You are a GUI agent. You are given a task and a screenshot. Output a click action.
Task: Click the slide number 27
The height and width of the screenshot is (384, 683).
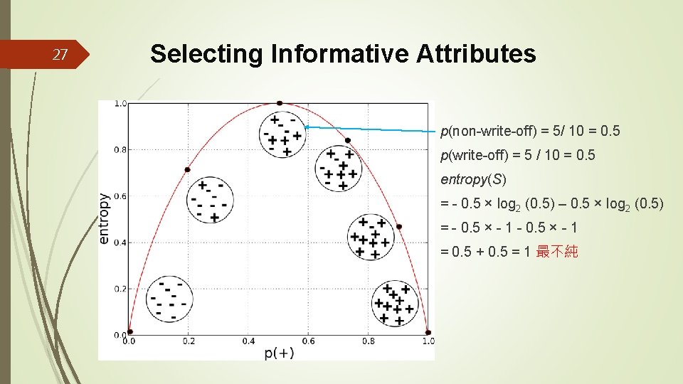(x=60, y=54)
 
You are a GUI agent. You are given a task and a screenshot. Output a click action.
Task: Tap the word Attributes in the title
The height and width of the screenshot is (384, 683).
(x=476, y=53)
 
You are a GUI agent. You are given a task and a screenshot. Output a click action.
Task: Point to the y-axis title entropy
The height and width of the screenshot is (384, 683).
(x=105, y=219)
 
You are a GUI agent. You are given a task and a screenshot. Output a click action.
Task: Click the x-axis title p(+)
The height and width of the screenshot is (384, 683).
(x=279, y=353)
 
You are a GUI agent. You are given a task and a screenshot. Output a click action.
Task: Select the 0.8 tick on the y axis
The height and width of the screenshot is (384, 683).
(x=120, y=150)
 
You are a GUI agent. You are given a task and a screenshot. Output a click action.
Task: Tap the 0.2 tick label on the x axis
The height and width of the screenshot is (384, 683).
(x=189, y=341)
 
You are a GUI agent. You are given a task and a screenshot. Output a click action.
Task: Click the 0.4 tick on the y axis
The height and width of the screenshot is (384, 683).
(x=120, y=242)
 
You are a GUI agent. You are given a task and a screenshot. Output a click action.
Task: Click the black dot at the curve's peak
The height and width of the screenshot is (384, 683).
(x=280, y=103)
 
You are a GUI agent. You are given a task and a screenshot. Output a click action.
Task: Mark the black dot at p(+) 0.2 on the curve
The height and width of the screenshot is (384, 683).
(x=188, y=169)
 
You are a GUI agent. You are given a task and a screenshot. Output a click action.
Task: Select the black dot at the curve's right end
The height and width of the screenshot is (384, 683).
(x=428, y=332)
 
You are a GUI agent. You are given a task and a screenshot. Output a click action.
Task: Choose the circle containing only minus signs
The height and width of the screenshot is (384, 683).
(x=169, y=299)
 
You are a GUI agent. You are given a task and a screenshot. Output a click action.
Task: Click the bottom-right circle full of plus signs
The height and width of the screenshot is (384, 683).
(x=393, y=303)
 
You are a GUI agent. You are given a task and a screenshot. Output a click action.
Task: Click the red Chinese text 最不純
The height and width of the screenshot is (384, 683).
(x=557, y=251)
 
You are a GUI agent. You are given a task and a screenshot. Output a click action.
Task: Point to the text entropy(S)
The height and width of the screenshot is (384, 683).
(x=473, y=178)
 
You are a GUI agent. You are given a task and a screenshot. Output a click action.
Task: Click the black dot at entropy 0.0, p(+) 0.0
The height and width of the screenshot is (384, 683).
(x=129, y=331)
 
